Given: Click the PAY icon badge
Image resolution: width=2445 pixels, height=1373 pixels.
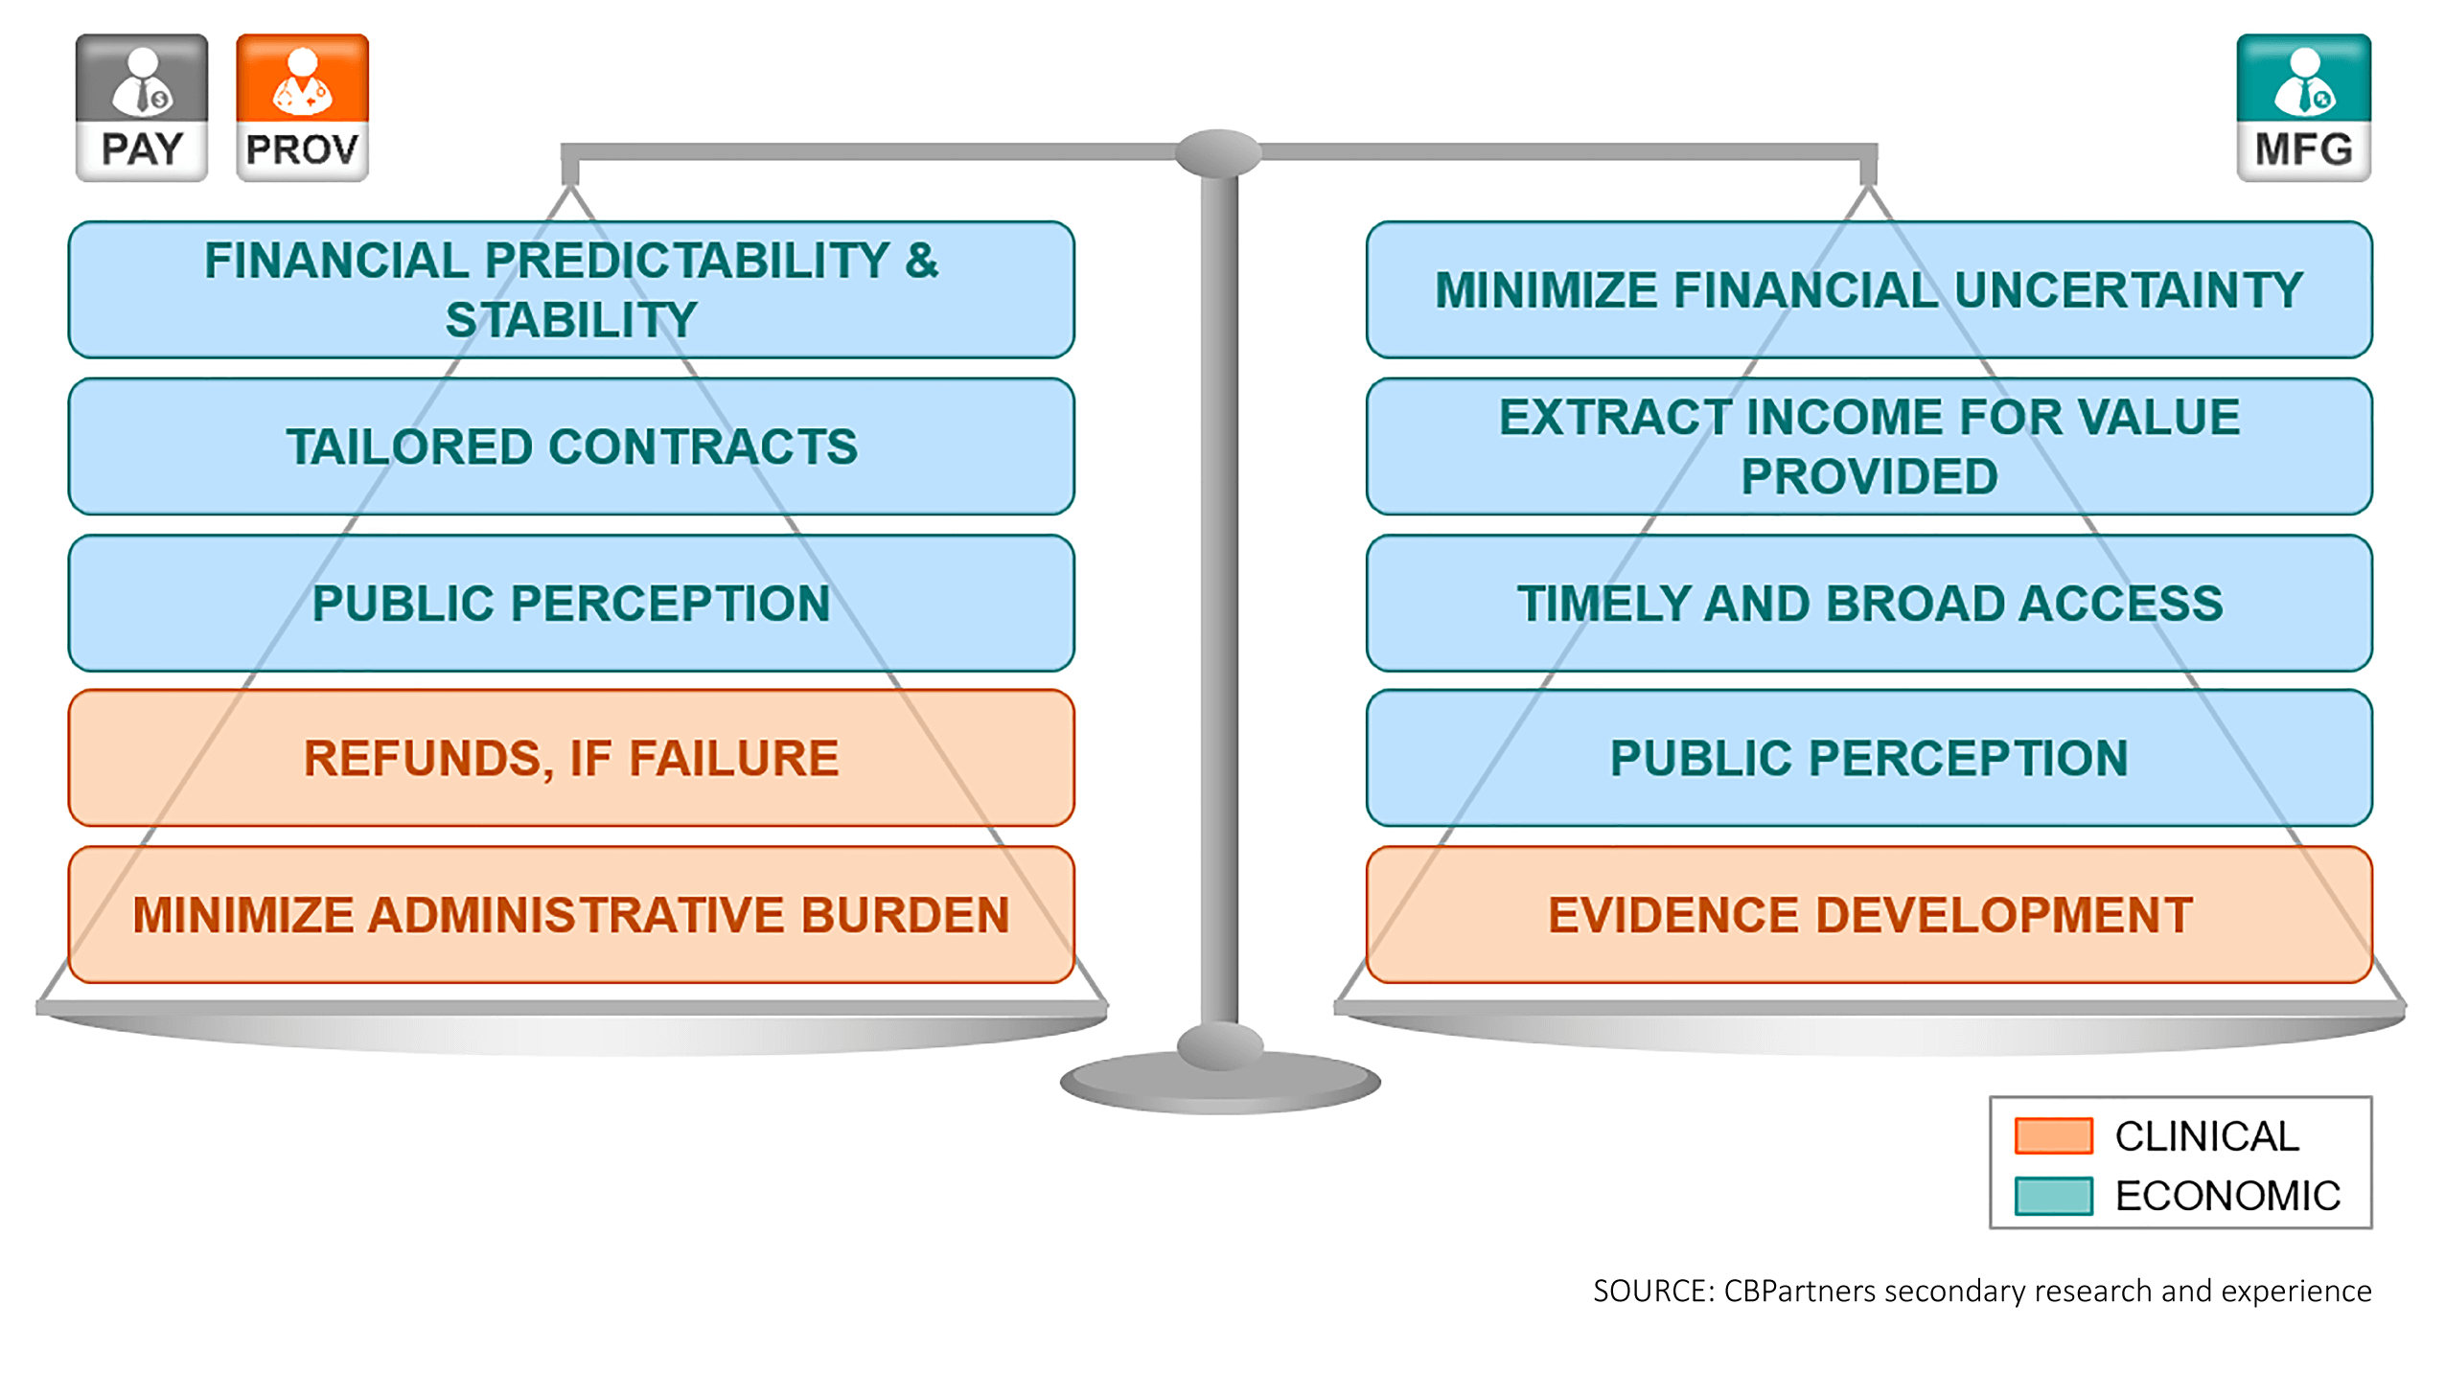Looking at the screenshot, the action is [x=142, y=107].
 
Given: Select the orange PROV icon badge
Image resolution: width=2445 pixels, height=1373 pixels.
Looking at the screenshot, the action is [x=302, y=107].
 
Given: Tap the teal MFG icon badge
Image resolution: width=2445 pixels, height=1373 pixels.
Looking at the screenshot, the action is [x=2303, y=107].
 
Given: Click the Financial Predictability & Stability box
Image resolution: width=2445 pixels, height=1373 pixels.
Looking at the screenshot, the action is [x=571, y=289].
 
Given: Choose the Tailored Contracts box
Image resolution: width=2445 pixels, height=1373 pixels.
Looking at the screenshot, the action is [x=571, y=446].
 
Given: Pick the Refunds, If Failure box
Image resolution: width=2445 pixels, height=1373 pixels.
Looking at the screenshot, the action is [x=571, y=758].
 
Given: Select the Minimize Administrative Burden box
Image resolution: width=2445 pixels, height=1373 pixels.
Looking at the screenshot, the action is [x=571, y=914].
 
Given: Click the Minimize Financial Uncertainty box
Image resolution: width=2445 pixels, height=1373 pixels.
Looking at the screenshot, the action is [x=1869, y=289].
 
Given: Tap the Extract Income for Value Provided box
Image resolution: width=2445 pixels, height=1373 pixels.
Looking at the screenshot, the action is [x=1869, y=446].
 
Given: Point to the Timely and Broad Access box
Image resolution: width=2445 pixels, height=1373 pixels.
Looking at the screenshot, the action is [x=1869, y=603].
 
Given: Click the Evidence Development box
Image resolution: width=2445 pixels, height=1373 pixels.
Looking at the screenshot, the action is [x=1869, y=914].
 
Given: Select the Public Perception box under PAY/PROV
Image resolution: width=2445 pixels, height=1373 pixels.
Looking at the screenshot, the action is [x=571, y=603].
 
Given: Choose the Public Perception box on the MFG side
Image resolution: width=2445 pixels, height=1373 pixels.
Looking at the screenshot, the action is [x=1869, y=758].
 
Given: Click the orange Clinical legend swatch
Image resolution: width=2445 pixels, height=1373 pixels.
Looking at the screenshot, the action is [x=2053, y=1135].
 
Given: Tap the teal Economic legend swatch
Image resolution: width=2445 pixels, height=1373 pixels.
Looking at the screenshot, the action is [x=2053, y=1196].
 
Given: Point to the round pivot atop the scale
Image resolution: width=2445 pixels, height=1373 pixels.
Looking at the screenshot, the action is [x=1218, y=153].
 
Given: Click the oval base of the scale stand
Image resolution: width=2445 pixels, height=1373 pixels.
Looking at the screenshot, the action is [x=1219, y=1082].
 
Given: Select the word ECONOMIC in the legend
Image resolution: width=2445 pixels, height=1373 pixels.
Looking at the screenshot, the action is [x=2227, y=1196].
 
